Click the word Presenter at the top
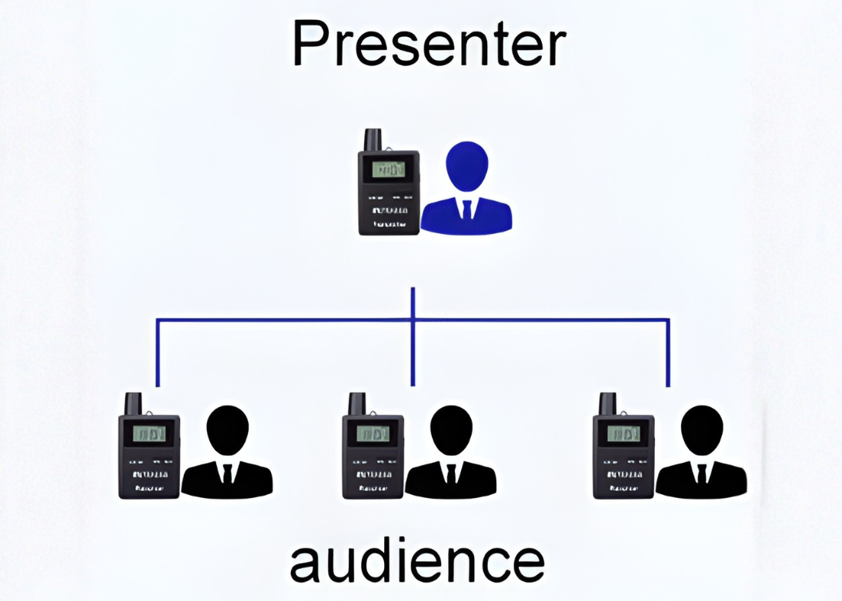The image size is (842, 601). (x=429, y=44)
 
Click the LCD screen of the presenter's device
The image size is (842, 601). (x=389, y=169)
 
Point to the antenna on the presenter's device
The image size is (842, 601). (x=374, y=139)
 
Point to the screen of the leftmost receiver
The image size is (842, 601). (x=149, y=433)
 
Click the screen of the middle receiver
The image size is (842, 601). (x=373, y=433)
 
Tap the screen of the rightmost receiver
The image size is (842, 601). (x=623, y=433)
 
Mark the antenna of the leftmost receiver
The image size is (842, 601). (x=134, y=403)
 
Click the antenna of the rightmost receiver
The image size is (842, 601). (x=609, y=403)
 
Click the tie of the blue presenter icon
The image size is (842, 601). (x=467, y=209)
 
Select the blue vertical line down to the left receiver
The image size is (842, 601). (x=158, y=352)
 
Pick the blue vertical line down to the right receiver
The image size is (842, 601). (x=668, y=352)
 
